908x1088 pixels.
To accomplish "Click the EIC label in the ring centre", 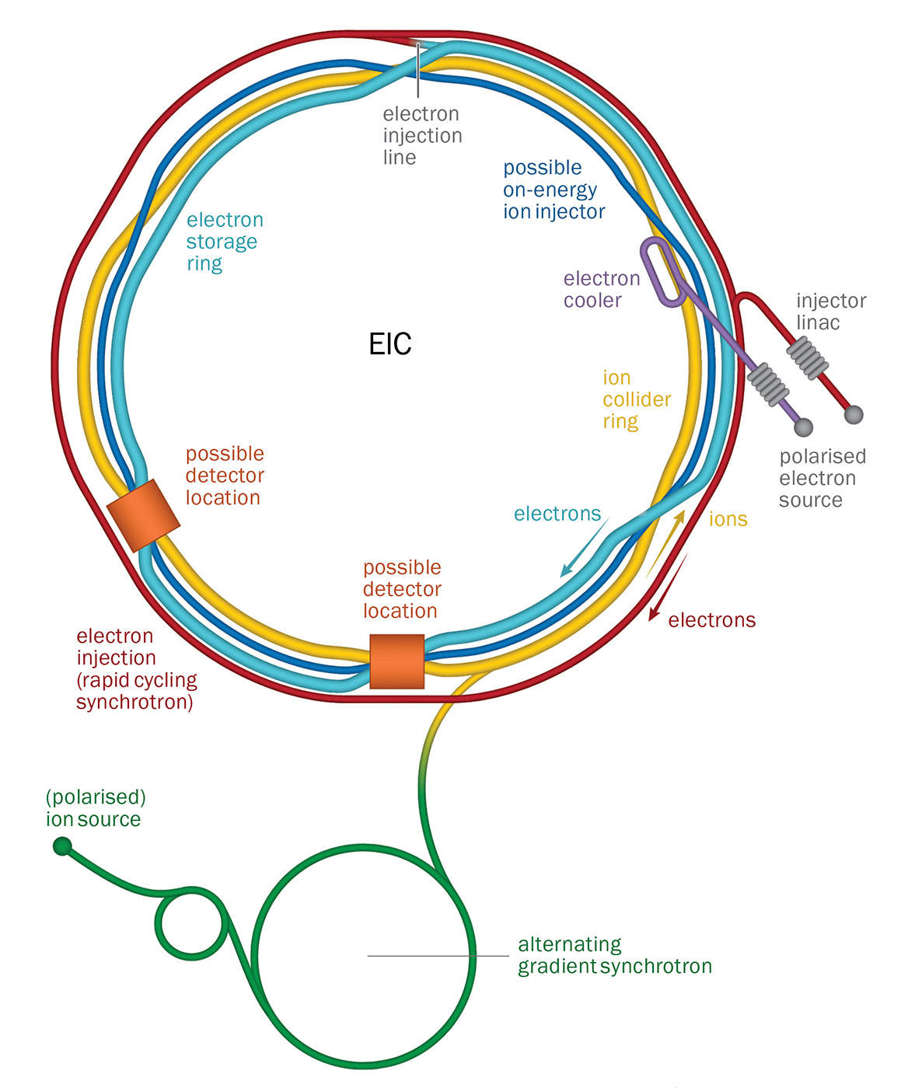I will pyautogui.click(x=390, y=343).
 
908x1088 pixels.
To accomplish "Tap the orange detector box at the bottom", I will pyautogui.click(x=396, y=661).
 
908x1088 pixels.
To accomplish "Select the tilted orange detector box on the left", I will pyautogui.click(x=143, y=515).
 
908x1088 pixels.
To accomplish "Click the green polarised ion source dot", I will pyautogui.click(x=62, y=846).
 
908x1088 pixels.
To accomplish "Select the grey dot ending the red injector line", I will pyautogui.click(x=854, y=415).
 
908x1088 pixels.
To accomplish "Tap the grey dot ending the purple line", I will pyautogui.click(x=804, y=427).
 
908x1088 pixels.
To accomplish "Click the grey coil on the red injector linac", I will pyautogui.click(x=808, y=357).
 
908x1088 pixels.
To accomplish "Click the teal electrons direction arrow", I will pyautogui.click(x=584, y=549).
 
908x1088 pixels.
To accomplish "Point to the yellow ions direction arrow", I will pyautogui.click(x=666, y=543).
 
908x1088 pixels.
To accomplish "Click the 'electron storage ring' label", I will pyautogui.click(x=225, y=242).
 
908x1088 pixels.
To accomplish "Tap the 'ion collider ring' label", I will pyautogui.click(x=636, y=399).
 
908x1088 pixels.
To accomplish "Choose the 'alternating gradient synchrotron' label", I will pyautogui.click(x=614, y=956).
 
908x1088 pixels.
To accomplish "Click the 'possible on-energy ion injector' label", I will pyautogui.click(x=554, y=190).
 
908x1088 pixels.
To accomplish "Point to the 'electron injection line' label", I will pyautogui.click(x=422, y=136).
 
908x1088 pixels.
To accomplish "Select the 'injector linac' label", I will pyautogui.click(x=830, y=312).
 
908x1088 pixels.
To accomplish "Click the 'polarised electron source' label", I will pyautogui.click(x=822, y=479).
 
